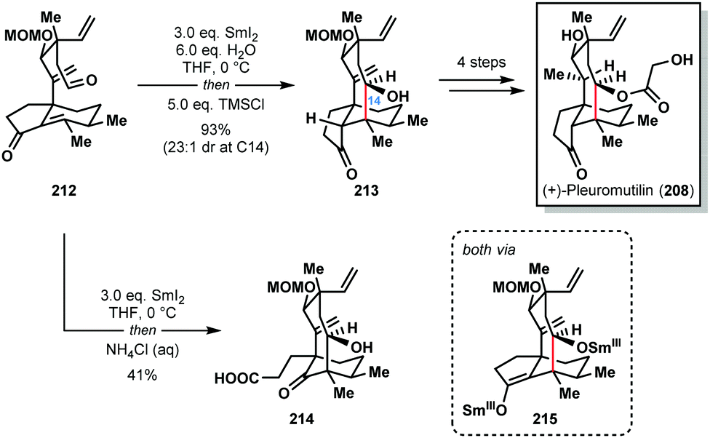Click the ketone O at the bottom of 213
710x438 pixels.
coord(351,173)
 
